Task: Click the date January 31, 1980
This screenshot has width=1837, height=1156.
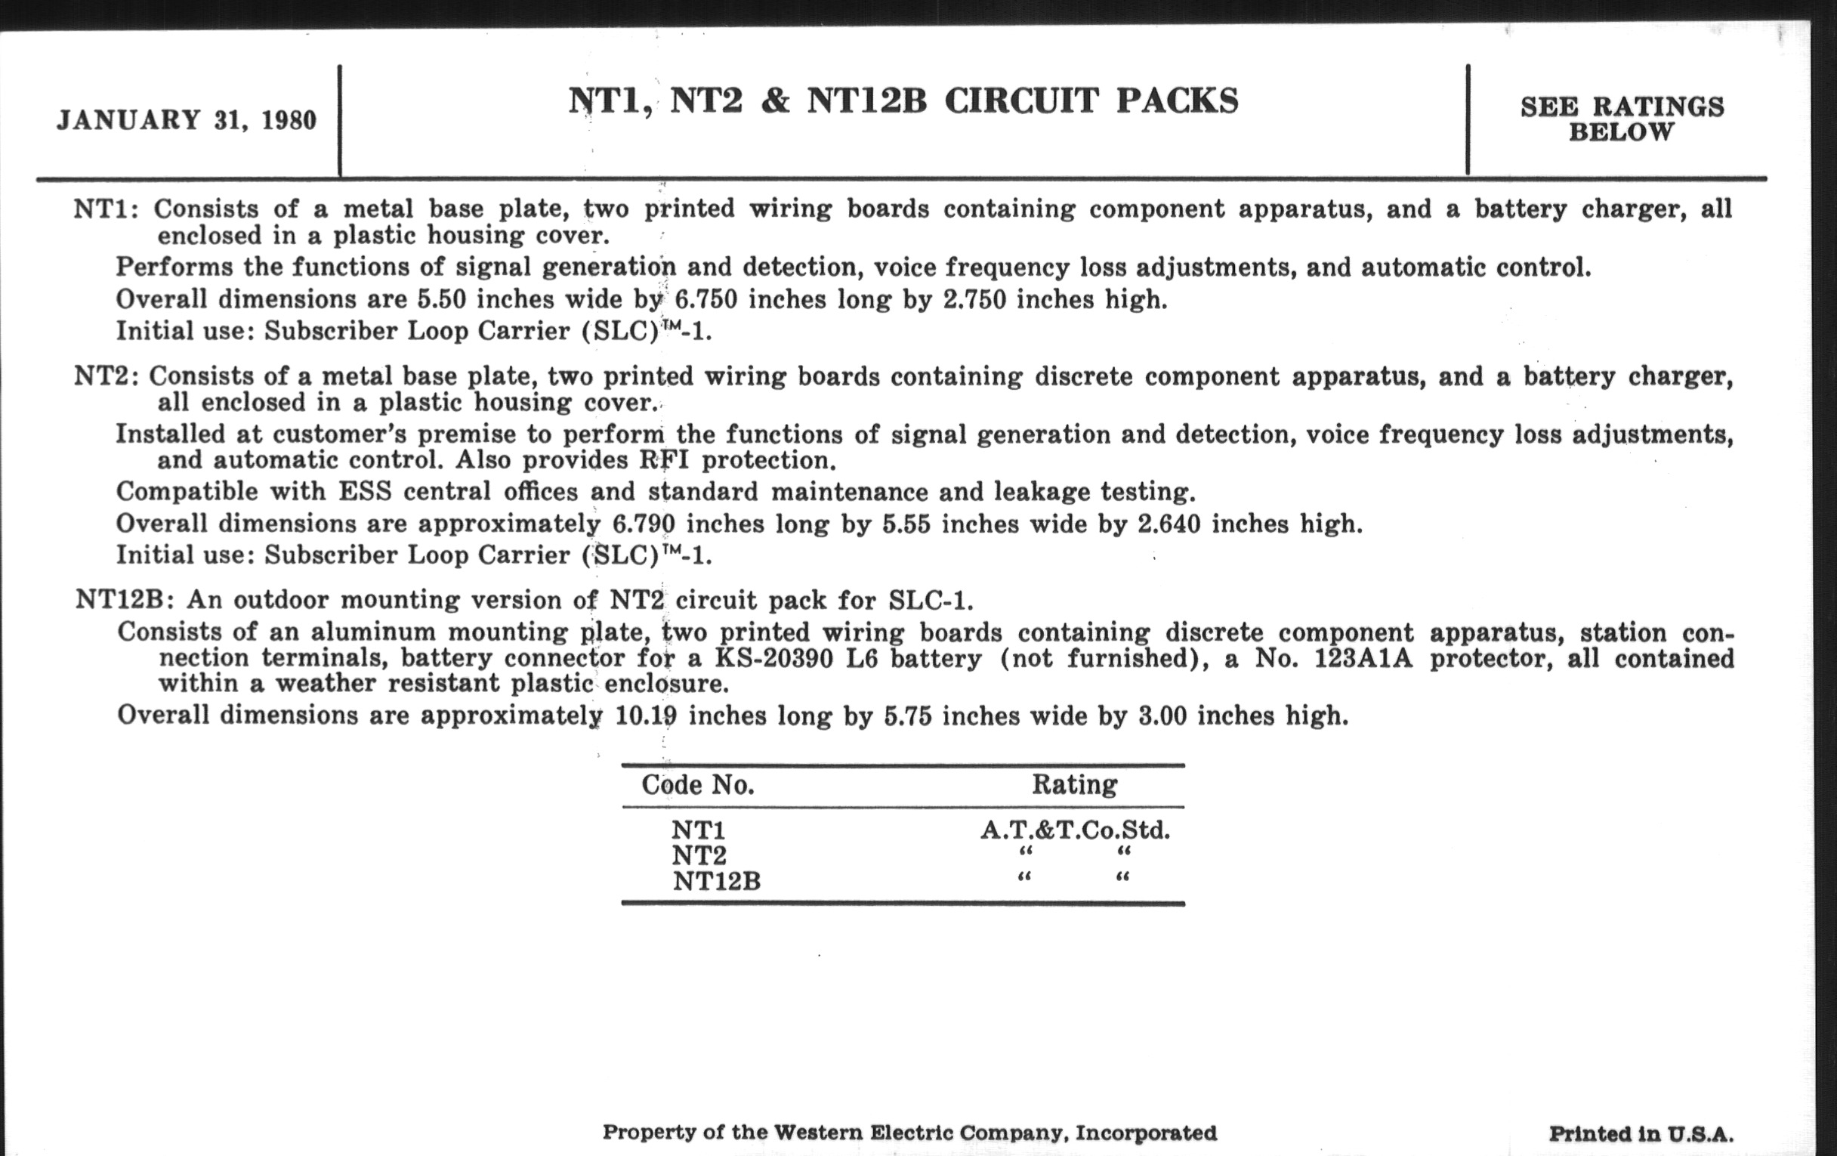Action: pyautogui.click(x=186, y=121)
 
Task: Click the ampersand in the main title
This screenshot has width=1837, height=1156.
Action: pyautogui.click(x=774, y=101)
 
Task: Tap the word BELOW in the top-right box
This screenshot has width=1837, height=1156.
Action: pyautogui.click(x=1621, y=133)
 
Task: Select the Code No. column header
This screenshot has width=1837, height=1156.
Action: pyautogui.click(x=697, y=785)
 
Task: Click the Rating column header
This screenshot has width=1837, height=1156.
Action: pyautogui.click(x=1074, y=784)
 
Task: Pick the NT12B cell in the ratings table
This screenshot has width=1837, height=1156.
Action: pyautogui.click(x=716, y=881)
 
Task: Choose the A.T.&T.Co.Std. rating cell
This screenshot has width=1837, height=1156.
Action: pyautogui.click(x=1074, y=830)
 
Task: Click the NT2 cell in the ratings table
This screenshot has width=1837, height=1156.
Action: pyautogui.click(x=699, y=855)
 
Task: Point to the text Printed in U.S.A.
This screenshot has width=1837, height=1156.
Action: pyautogui.click(x=1641, y=1134)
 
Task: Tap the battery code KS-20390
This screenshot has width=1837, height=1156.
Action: pyautogui.click(x=774, y=658)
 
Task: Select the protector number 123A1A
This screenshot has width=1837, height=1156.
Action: pyautogui.click(x=1363, y=658)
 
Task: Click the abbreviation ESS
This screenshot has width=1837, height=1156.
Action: pyautogui.click(x=364, y=491)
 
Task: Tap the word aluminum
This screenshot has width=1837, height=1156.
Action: pyautogui.click(x=372, y=632)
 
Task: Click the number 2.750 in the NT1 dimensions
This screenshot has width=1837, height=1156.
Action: pyautogui.click(x=972, y=300)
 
